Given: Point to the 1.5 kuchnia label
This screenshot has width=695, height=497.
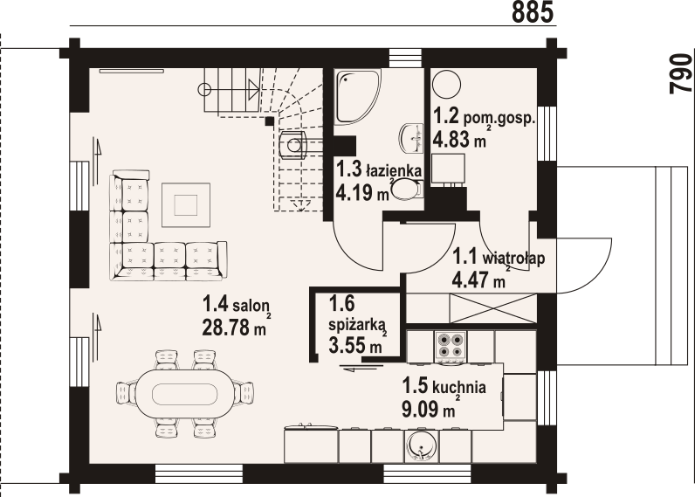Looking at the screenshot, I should pyautogui.click(x=443, y=386).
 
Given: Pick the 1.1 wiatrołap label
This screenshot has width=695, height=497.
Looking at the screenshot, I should pyautogui.click(x=498, y=259).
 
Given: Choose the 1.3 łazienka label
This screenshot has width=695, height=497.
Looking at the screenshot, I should pyautogui.click(x=380, y=169).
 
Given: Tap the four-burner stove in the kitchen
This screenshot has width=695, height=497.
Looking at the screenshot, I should pyautogui.click(x=450, y=348).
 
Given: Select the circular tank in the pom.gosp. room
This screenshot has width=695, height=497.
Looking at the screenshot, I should pyautogui.click(x=447, y=82).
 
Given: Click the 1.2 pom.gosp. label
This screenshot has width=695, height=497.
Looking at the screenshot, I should pyautogui.click(x=484, y=115).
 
